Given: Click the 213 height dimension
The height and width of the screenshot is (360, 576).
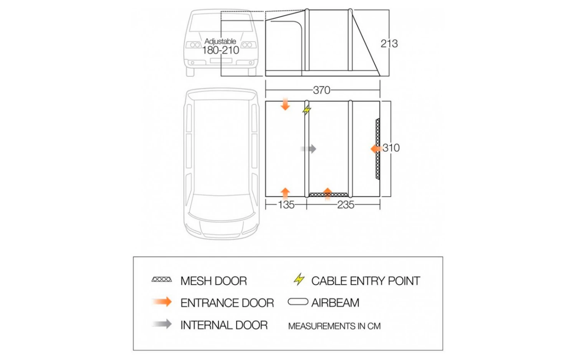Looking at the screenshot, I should pos(389,43).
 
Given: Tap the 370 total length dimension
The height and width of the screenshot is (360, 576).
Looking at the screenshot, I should pos(321,90).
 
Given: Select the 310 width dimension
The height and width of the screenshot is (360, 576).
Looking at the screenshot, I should pos(391,148).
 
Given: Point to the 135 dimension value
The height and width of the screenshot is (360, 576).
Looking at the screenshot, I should pos(286,205).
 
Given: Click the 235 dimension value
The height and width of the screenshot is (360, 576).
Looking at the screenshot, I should pos(346,205).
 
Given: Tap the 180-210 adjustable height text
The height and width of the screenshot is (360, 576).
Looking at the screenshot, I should pos(220,50).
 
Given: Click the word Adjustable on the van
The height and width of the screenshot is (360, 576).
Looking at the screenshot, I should pos(220,41).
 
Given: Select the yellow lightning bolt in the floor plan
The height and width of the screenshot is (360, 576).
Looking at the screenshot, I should pos(306,110).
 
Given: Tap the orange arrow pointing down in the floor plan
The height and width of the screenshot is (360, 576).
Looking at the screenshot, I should pos(285,104).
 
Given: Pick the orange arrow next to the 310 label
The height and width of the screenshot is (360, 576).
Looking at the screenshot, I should pos(375,149).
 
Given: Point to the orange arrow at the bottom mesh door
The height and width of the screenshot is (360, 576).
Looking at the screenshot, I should pos(328,193).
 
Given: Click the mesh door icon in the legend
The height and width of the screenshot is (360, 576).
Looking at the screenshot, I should pos(162,279).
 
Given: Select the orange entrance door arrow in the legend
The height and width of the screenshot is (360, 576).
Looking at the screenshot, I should pos(162,302).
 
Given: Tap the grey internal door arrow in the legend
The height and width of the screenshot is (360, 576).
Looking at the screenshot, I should pos(162,324).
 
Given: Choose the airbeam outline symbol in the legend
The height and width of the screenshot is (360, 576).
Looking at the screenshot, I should pos(298,302).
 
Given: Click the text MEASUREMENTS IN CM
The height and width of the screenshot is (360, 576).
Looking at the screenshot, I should pos(334,326).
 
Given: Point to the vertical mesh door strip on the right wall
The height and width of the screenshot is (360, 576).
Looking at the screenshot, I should pos(378,149).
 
